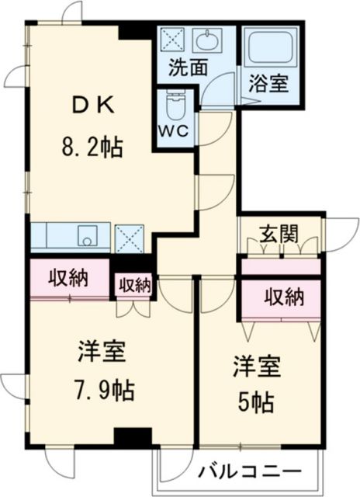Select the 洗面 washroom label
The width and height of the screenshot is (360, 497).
coord(189,67)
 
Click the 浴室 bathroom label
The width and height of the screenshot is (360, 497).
coord(268,82)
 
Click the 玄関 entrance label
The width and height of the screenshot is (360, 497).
coord(279,232)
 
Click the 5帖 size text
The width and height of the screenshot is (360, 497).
coord(257,401)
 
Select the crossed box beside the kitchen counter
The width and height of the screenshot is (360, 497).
coord(129,238)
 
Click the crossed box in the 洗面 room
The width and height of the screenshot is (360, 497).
coord(171,40)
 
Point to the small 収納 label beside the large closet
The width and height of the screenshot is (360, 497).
coord(133,285)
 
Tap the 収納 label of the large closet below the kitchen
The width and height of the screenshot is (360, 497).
coord(70,277)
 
